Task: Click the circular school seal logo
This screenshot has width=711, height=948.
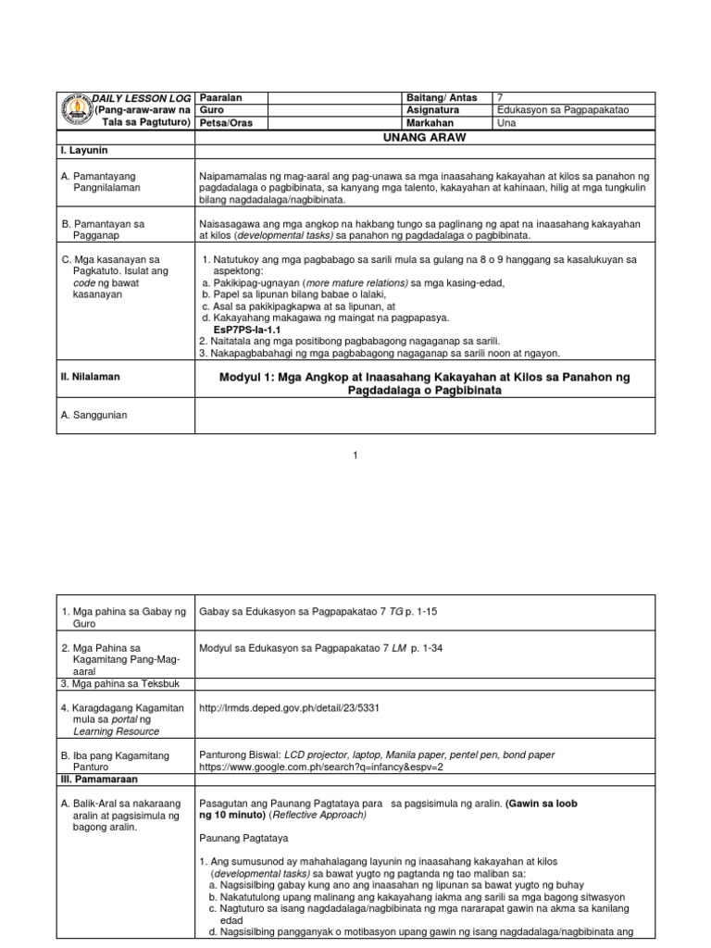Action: tap(71, 111)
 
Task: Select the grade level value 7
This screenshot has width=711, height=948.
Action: tap(501, 98)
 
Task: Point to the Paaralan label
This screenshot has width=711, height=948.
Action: tap(220, 98)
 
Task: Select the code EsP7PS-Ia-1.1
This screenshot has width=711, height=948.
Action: tap(246, 329)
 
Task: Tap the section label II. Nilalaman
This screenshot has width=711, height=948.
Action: tap(91, 377)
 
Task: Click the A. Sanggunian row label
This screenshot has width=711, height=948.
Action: tap(95, 415)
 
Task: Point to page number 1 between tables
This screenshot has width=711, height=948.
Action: tap(355, 454)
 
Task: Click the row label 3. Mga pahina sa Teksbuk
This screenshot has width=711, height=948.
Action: tap(120, 683)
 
